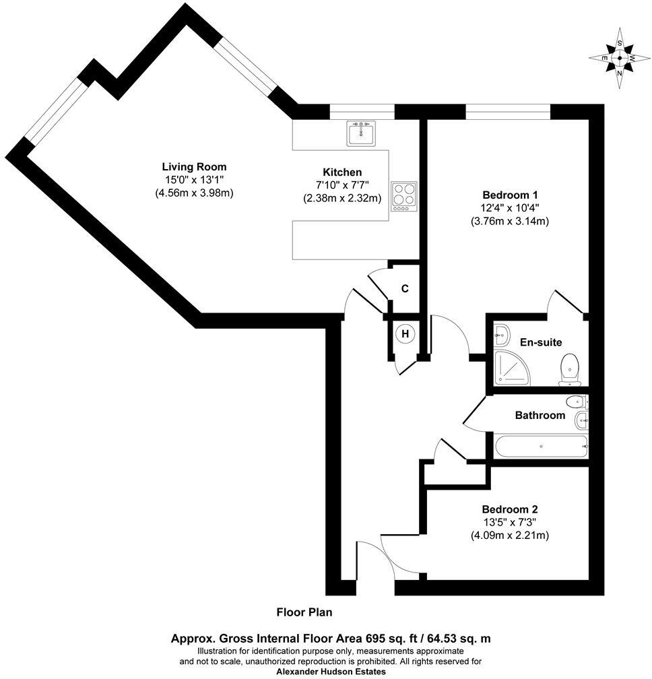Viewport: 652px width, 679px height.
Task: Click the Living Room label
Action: (194, 166)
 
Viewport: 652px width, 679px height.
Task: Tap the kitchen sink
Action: (362, 133)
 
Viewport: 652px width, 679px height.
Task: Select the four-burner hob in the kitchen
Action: (403, 196)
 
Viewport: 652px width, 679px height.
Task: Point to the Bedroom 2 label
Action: (509, 509)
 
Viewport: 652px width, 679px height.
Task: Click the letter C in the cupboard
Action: (405, 289)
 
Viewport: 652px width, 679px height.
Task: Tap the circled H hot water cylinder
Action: (405, 333)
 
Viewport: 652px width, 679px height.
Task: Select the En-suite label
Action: (540, 342)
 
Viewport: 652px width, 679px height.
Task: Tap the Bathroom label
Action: (540, 415)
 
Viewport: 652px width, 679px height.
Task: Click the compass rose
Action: (619, 58)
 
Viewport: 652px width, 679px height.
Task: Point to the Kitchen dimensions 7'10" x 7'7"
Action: (342, 185)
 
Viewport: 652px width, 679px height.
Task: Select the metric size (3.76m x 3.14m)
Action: (509, 220)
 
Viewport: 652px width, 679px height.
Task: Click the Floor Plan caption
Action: (304, 612)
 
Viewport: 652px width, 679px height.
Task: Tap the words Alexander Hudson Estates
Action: (331, 671)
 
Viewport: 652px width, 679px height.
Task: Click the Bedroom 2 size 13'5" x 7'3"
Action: (509, 522)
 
